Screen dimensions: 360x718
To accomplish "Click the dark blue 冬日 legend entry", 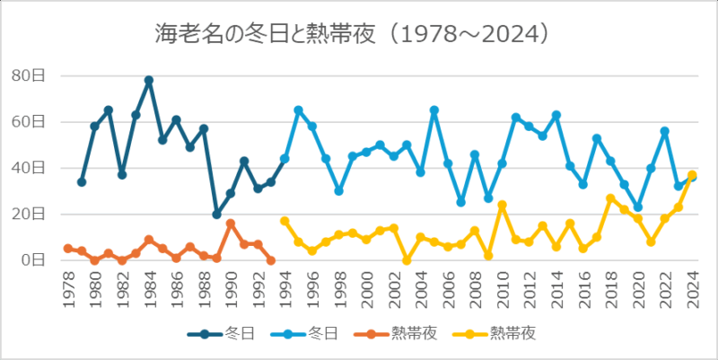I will (221, 333).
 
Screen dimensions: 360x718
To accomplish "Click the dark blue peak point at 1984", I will (149, 80).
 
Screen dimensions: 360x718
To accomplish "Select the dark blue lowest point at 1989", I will (216, 215).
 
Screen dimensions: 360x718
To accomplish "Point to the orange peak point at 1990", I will (231, 224).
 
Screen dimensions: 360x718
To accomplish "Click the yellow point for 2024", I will (691, 175).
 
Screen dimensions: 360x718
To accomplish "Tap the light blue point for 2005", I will (433, 110).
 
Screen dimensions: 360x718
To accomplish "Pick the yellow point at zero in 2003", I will (407, 260).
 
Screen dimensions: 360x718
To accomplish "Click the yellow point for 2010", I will (502, 205).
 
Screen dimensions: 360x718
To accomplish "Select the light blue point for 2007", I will (460, 202).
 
